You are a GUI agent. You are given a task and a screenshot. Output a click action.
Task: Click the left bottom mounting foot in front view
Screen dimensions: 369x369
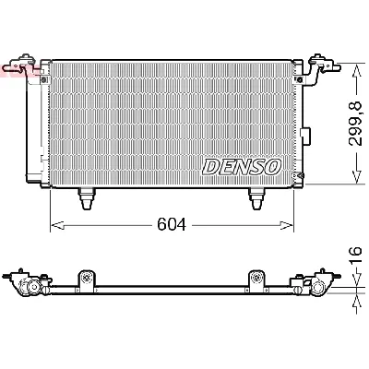point(86,196)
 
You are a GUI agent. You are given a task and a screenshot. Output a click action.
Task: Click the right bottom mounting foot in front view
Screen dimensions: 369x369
point(256,196)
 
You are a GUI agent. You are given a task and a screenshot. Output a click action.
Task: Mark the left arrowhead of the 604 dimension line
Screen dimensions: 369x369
point(54,224)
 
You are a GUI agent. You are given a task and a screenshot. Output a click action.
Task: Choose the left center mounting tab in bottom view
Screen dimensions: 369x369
point(86,278)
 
